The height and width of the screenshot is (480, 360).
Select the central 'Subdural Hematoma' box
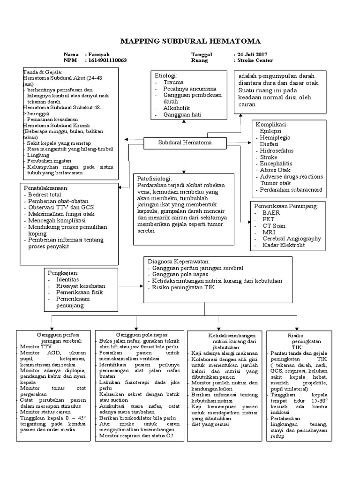[178, 142]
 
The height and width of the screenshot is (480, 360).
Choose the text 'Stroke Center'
[255, 61]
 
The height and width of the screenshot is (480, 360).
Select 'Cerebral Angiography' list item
[292, 238]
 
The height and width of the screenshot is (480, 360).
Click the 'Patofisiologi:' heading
[155, 179]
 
